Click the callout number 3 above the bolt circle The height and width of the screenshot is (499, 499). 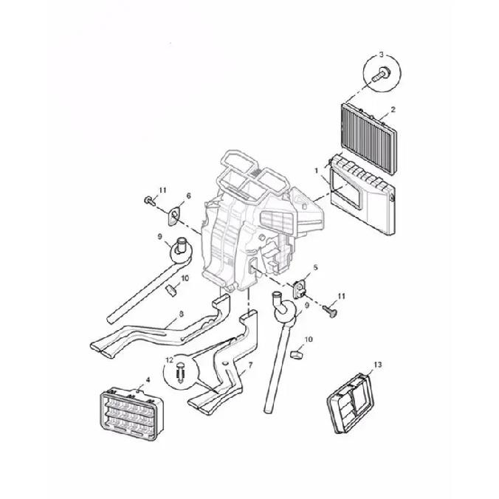(x=382, y=55)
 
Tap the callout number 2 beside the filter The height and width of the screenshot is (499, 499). (x=393, y=109)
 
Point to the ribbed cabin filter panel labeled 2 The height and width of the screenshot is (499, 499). (x=369, y=139)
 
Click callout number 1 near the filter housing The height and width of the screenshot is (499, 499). (x=317, y=171)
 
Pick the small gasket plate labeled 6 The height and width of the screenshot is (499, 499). (x=174, y=216)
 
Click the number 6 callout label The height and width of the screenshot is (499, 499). (x=189, y=196)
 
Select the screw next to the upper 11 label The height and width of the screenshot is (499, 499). (x=150, y=201)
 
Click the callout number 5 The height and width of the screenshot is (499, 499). (x=315, y=268)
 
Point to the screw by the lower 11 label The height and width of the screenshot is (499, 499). (x=330, y=312)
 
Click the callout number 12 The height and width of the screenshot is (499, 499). (x=169, y=360)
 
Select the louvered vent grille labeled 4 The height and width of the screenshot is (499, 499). (x=131, y=413)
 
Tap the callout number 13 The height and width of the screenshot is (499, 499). (x=377, y=365)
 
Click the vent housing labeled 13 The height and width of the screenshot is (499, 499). (x=351, y=404)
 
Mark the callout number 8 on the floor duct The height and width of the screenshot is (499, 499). (x=182, y=314)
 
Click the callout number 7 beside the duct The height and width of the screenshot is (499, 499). (x=250, y=365)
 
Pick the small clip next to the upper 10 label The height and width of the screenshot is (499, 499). (x=171, y=290)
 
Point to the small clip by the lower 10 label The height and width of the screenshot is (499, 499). (x=297, y=354)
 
